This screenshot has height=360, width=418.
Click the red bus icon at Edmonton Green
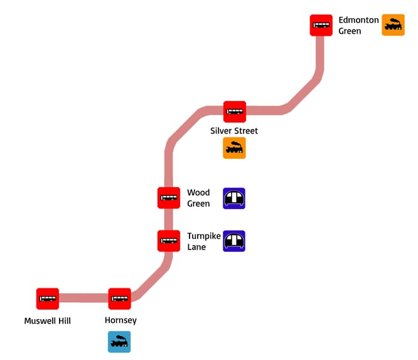[x=321, y=25]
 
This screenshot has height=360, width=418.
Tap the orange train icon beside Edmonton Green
[x=394, y=25]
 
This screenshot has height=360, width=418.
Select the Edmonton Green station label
[x=358, y=25]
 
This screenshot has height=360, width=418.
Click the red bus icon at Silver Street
[x=235, y=112]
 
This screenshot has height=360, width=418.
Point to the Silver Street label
[x=234, y=131]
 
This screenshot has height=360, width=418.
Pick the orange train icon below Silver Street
[x=234, y=148]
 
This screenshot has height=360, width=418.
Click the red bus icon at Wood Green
[x=169, y=198]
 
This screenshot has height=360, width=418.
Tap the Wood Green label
[x=198, y=198]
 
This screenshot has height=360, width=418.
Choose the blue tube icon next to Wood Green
[x=234, y=199]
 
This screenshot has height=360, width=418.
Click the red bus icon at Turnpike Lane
[x=169, y=241]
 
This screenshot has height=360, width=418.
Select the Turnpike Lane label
[x=203, y=241]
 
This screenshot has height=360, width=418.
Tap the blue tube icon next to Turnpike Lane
[x=234, y=241]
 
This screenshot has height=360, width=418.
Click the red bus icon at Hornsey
[x=119, y=298]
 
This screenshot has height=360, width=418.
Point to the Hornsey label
[x=121, y=320]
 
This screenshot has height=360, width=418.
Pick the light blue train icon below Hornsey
[x=119, y=342]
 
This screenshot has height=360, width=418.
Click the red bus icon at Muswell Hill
[x=48, y=298]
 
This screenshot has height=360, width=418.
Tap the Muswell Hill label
[x=48, y=321]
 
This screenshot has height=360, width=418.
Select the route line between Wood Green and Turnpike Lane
[x=169, y=219]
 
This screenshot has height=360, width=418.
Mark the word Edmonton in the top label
[x=358, y=20]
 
